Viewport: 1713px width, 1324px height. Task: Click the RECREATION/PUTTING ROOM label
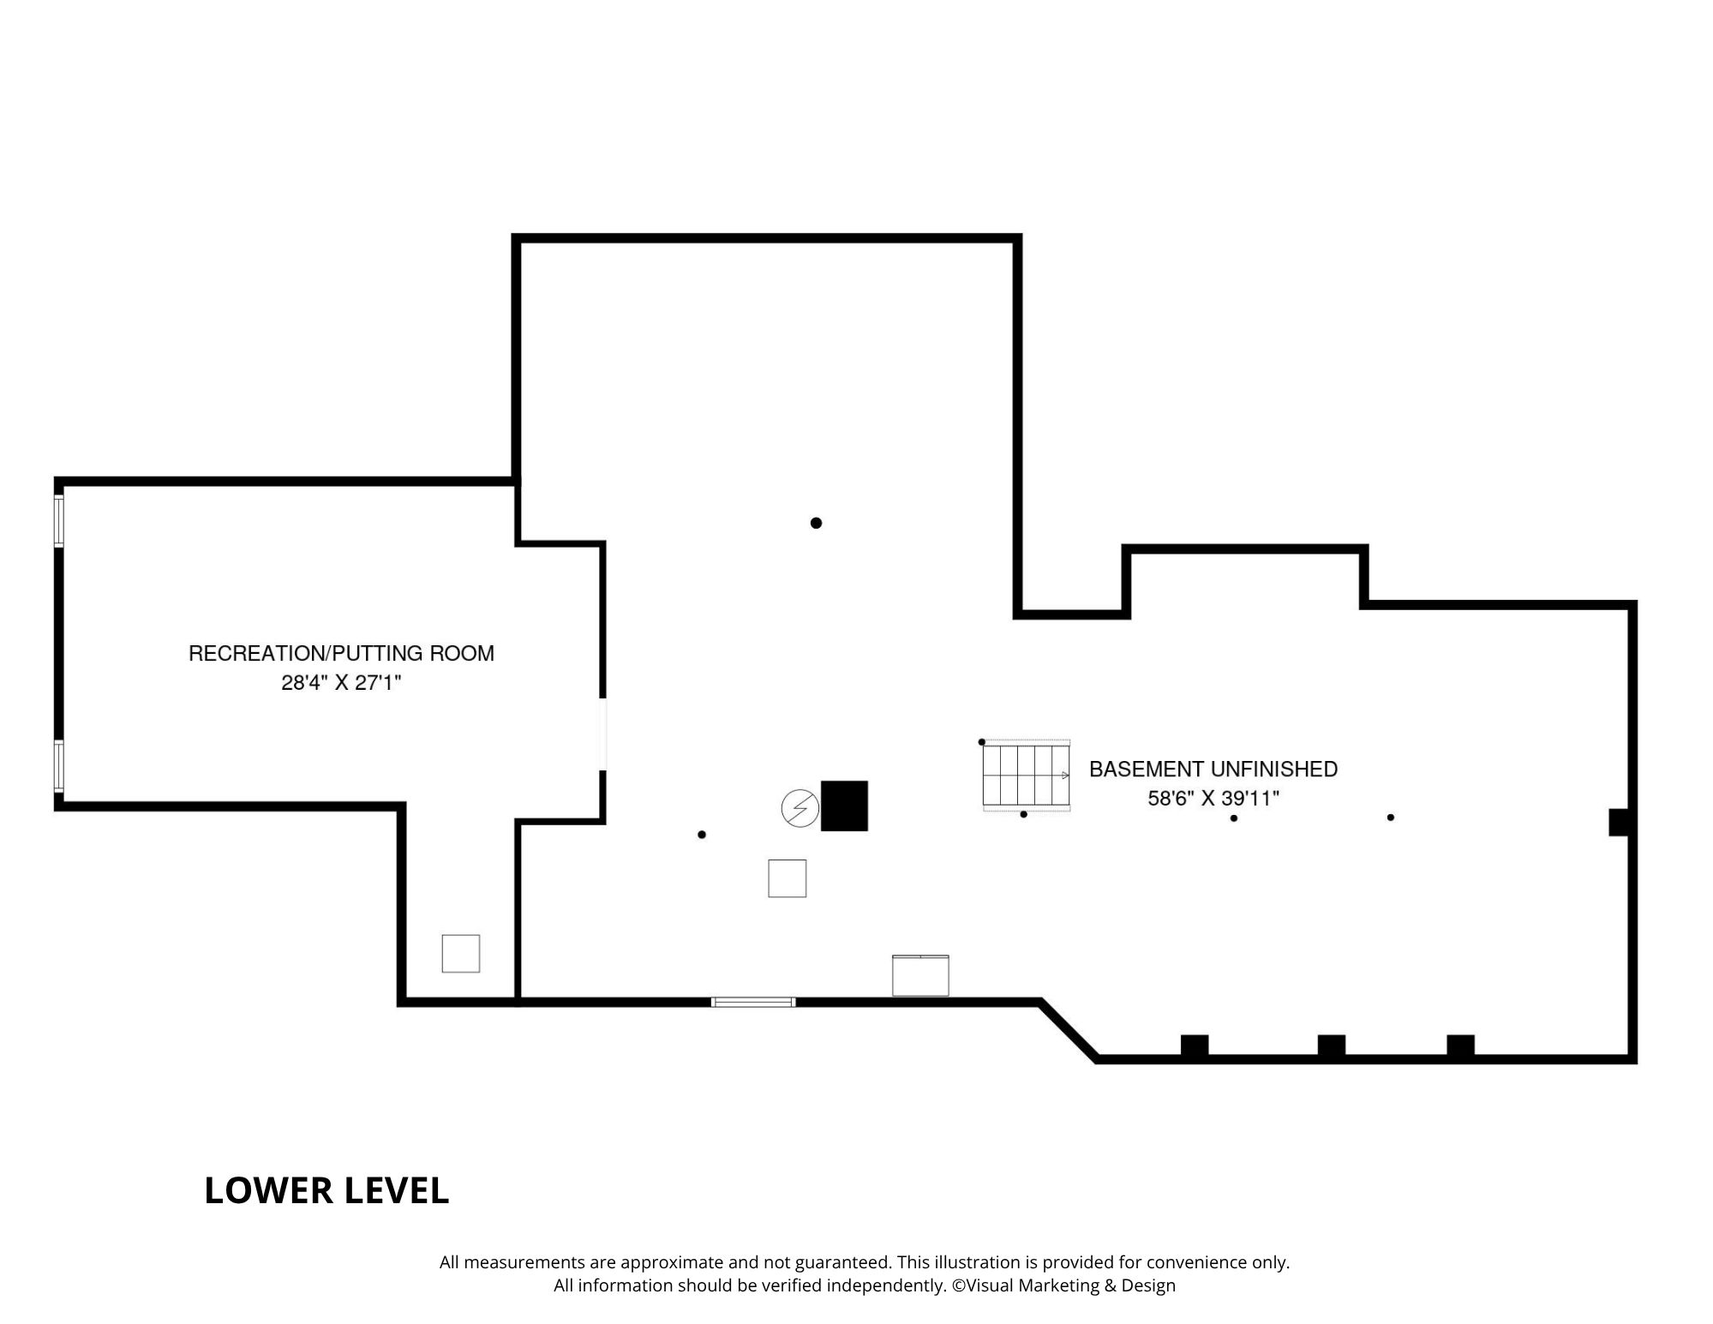coord(341,653)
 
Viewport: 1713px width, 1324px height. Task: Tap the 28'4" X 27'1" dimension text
coord(341,683)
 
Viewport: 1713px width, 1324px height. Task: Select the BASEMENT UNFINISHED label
coord(1213,769)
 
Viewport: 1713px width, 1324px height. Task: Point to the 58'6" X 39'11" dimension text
coord(1213,799)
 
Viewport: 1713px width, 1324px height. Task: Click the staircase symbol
coord(1027,776)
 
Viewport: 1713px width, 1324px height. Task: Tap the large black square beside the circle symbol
coord(844,806)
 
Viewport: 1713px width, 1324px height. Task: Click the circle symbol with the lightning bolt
coord(800,808)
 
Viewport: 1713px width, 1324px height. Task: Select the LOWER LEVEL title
coord(326,1190)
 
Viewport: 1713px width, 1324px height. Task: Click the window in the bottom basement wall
coord(753,1002)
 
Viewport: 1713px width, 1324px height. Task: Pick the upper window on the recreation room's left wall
coord(59,520)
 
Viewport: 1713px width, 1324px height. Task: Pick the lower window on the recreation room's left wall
coord(59,764)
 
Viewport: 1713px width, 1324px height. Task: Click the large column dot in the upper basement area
coord(816,523)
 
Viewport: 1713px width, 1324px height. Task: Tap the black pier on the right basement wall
coord(1620,822)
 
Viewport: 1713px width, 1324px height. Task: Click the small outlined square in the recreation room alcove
coord(460,953)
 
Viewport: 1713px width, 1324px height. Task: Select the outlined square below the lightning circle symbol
coord(787,878)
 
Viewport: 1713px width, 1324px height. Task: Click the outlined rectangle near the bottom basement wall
coord(920,975)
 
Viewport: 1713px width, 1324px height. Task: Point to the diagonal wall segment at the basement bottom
coord(1069,1031)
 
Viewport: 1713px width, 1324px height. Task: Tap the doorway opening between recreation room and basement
coord(602,734)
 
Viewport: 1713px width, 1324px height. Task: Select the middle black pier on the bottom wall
coord(1331,1046)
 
